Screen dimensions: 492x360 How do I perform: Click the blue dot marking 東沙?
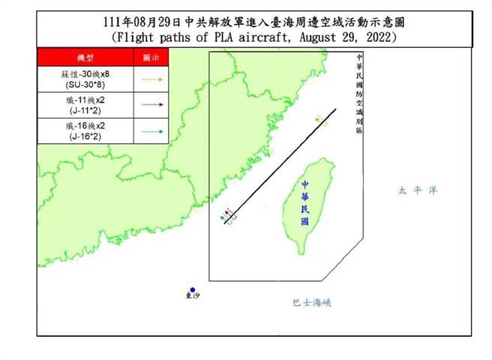point(193,289)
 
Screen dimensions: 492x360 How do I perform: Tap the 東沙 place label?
point(193,298)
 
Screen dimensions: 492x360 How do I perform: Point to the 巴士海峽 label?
point(311,303)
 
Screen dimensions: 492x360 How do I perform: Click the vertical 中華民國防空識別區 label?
point(359,94)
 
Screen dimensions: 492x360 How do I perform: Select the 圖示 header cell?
point(151,58)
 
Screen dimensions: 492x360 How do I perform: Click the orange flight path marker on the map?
point(321,119)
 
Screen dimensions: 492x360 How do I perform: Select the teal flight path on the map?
point(223,218)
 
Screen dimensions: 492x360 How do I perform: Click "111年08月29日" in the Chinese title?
point(139,20)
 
